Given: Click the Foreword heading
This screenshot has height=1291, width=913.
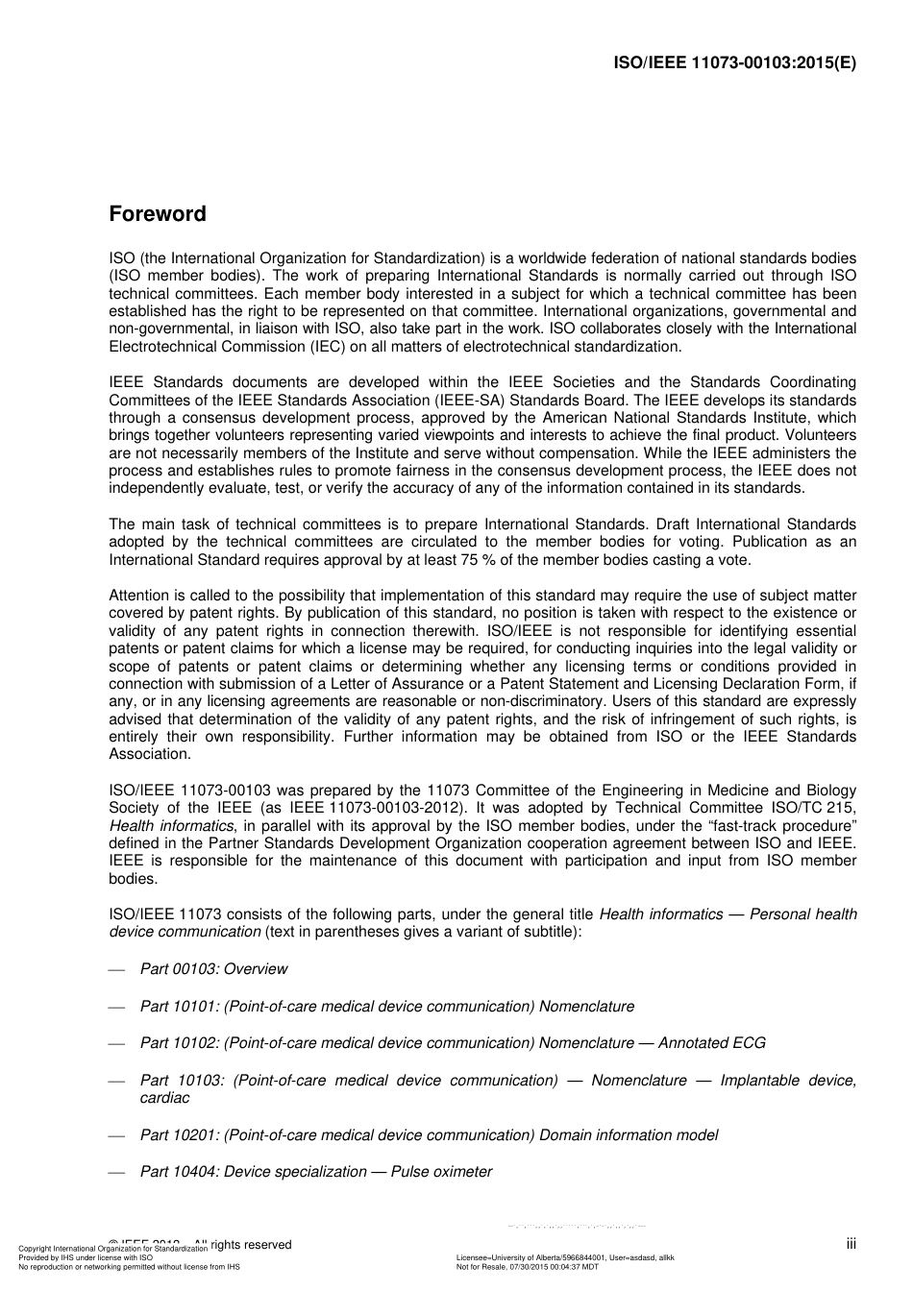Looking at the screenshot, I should tap(157, 213).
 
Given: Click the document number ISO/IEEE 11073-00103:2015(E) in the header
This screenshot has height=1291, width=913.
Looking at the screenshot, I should tap(734, 63).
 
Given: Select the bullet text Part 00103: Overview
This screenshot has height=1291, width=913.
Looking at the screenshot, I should tap(213, 969).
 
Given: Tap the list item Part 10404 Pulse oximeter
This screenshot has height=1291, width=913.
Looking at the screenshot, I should tap(316, 1172).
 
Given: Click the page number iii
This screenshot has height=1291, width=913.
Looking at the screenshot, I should tap(851, 1244).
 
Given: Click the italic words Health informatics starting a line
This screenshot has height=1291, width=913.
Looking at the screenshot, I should tap(171, 826).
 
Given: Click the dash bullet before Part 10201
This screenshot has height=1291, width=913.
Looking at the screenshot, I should tap(117, 1135).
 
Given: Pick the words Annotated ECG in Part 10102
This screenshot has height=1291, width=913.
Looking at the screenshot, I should tap(712, 1043).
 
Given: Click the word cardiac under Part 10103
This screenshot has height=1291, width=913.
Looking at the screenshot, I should tap(164, 1098).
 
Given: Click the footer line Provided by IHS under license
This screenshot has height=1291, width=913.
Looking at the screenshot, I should tap(85, 1257).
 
